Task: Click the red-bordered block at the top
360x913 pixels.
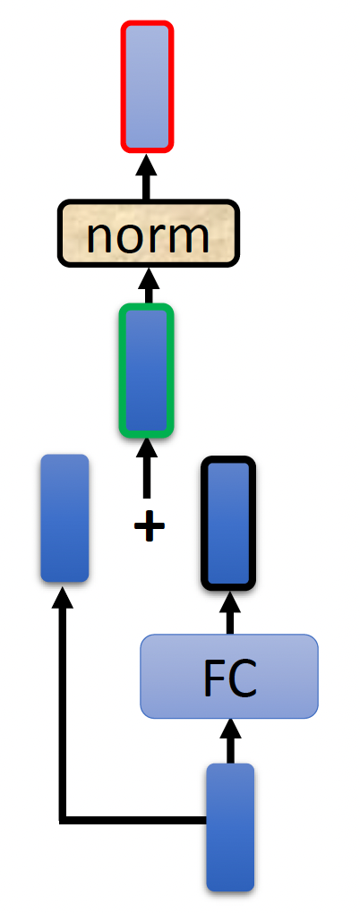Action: click(x=147, y=87)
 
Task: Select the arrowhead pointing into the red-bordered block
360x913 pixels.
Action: click(x=147, y=165)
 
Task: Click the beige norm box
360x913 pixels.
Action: click(x=149, y=234)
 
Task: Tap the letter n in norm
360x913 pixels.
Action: click(x=100, y=237)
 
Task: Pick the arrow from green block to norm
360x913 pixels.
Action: click(x=149, y=286)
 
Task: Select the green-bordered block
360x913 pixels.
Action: click(x=147, y=371)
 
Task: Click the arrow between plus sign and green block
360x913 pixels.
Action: click(x=147, y=468)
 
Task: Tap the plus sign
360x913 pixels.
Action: click(x=150, y=526)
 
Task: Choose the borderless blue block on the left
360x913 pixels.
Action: click(x=64, y=517)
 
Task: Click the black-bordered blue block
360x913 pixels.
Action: click(x=228, y=523)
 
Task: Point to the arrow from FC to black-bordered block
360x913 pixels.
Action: click(x=229, y=612)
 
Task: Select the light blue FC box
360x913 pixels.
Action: click(x=229, y=676)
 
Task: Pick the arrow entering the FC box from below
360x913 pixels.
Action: click(x=230, y=740)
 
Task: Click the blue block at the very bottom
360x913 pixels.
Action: click(x=230, y=827)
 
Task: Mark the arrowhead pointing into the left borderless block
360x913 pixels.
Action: click(x=63, y=597)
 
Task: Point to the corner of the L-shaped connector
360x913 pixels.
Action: click(x=63, y=821)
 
